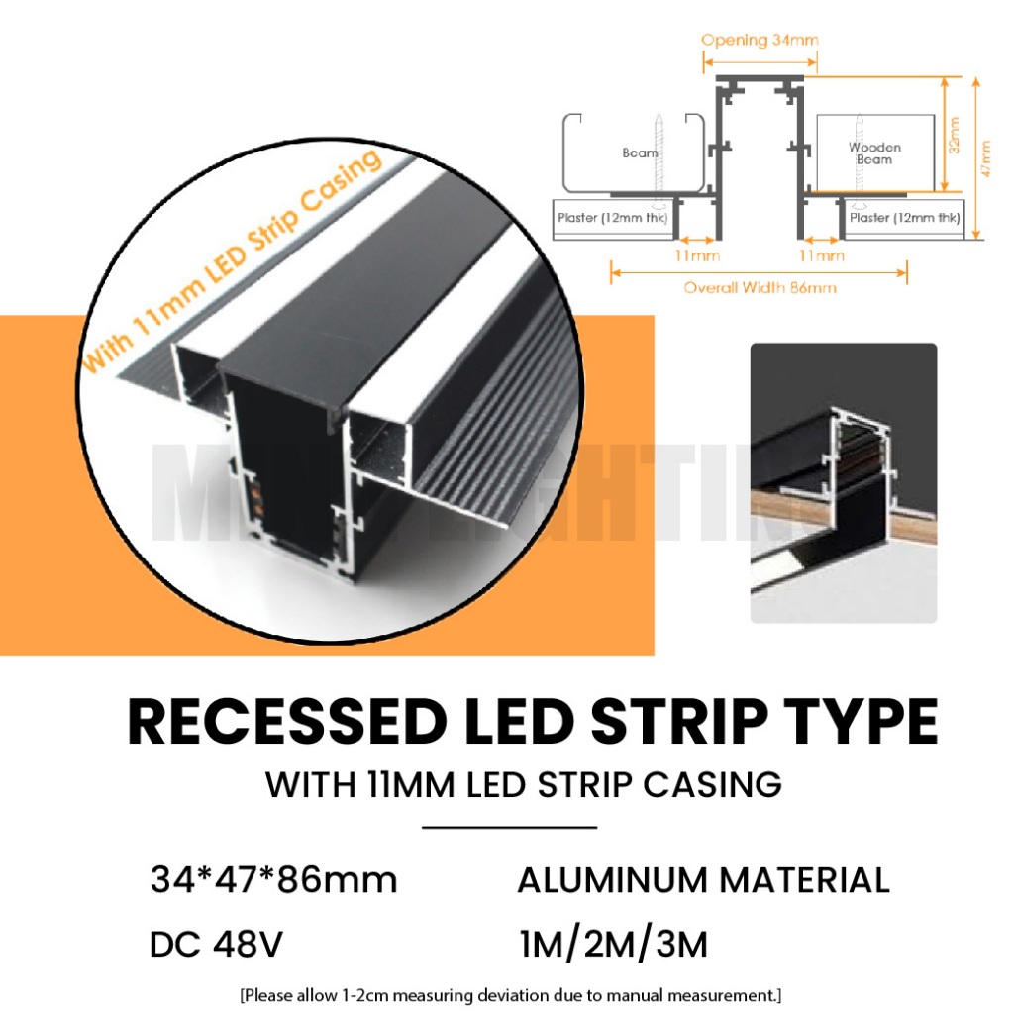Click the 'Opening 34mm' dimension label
click(x=760, y=41)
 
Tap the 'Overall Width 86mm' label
click(x=760, y=288)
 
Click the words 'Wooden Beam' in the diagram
click(x=874, y=153)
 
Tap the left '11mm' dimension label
click(x=698, y=255)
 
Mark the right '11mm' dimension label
click(x=822, y=255)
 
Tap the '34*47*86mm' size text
click(x=273, y=879)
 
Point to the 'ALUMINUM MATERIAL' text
click(x=703, y=879)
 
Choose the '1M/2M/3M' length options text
click(x=614, y=945)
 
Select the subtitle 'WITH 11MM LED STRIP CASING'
click(x=524, y=785)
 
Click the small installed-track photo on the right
click(x=843, y=482)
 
